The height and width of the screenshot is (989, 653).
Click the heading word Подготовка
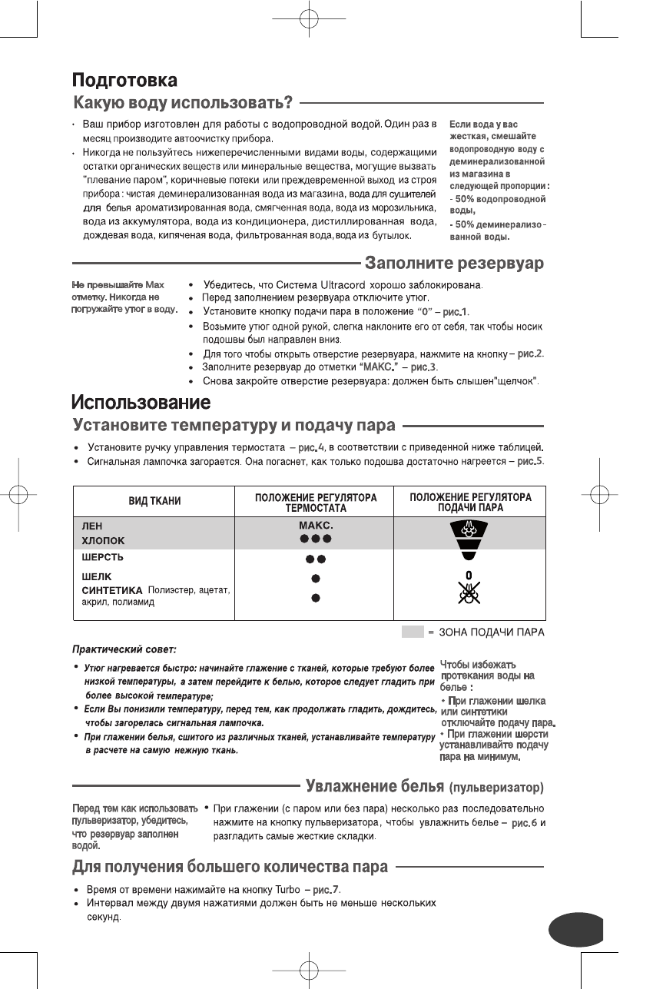point(125,79)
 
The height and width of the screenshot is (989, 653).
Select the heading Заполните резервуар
point(454,264)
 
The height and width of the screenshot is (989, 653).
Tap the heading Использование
point(141,402)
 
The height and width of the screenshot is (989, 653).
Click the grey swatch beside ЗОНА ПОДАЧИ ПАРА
point(412,632)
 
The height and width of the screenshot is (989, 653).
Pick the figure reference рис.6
point(524,824)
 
